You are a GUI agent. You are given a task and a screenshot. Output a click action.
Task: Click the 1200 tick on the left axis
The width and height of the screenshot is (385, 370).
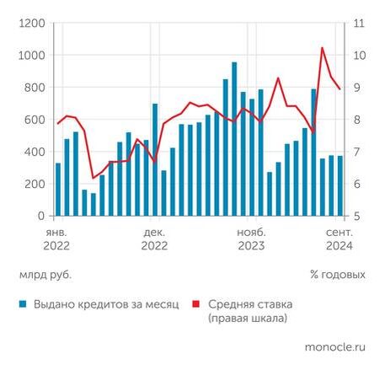tap(31, 24)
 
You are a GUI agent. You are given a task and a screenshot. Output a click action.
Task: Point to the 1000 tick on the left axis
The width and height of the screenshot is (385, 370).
tap(31, 56)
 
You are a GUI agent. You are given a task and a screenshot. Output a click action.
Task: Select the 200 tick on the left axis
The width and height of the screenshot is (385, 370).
tap(34, 184)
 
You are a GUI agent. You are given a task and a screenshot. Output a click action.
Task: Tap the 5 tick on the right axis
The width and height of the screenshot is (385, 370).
tap(357, 216)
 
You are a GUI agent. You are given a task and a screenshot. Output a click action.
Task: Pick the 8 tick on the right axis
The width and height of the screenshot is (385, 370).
tap(357, 120)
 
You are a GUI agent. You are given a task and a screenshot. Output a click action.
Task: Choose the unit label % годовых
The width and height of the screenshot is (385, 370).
tap(337, 274)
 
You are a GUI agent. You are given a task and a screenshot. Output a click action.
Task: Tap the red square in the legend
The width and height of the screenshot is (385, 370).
tap(196, 303)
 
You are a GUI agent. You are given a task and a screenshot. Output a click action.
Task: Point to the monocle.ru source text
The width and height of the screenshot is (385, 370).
tap(335, 346)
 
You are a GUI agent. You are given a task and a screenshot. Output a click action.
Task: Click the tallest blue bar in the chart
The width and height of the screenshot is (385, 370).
tap(234, 139)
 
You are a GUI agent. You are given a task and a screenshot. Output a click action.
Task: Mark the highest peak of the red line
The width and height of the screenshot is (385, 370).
tap(323, 48)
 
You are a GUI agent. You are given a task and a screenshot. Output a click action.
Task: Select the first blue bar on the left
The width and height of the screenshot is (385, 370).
tap(58, 190)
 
